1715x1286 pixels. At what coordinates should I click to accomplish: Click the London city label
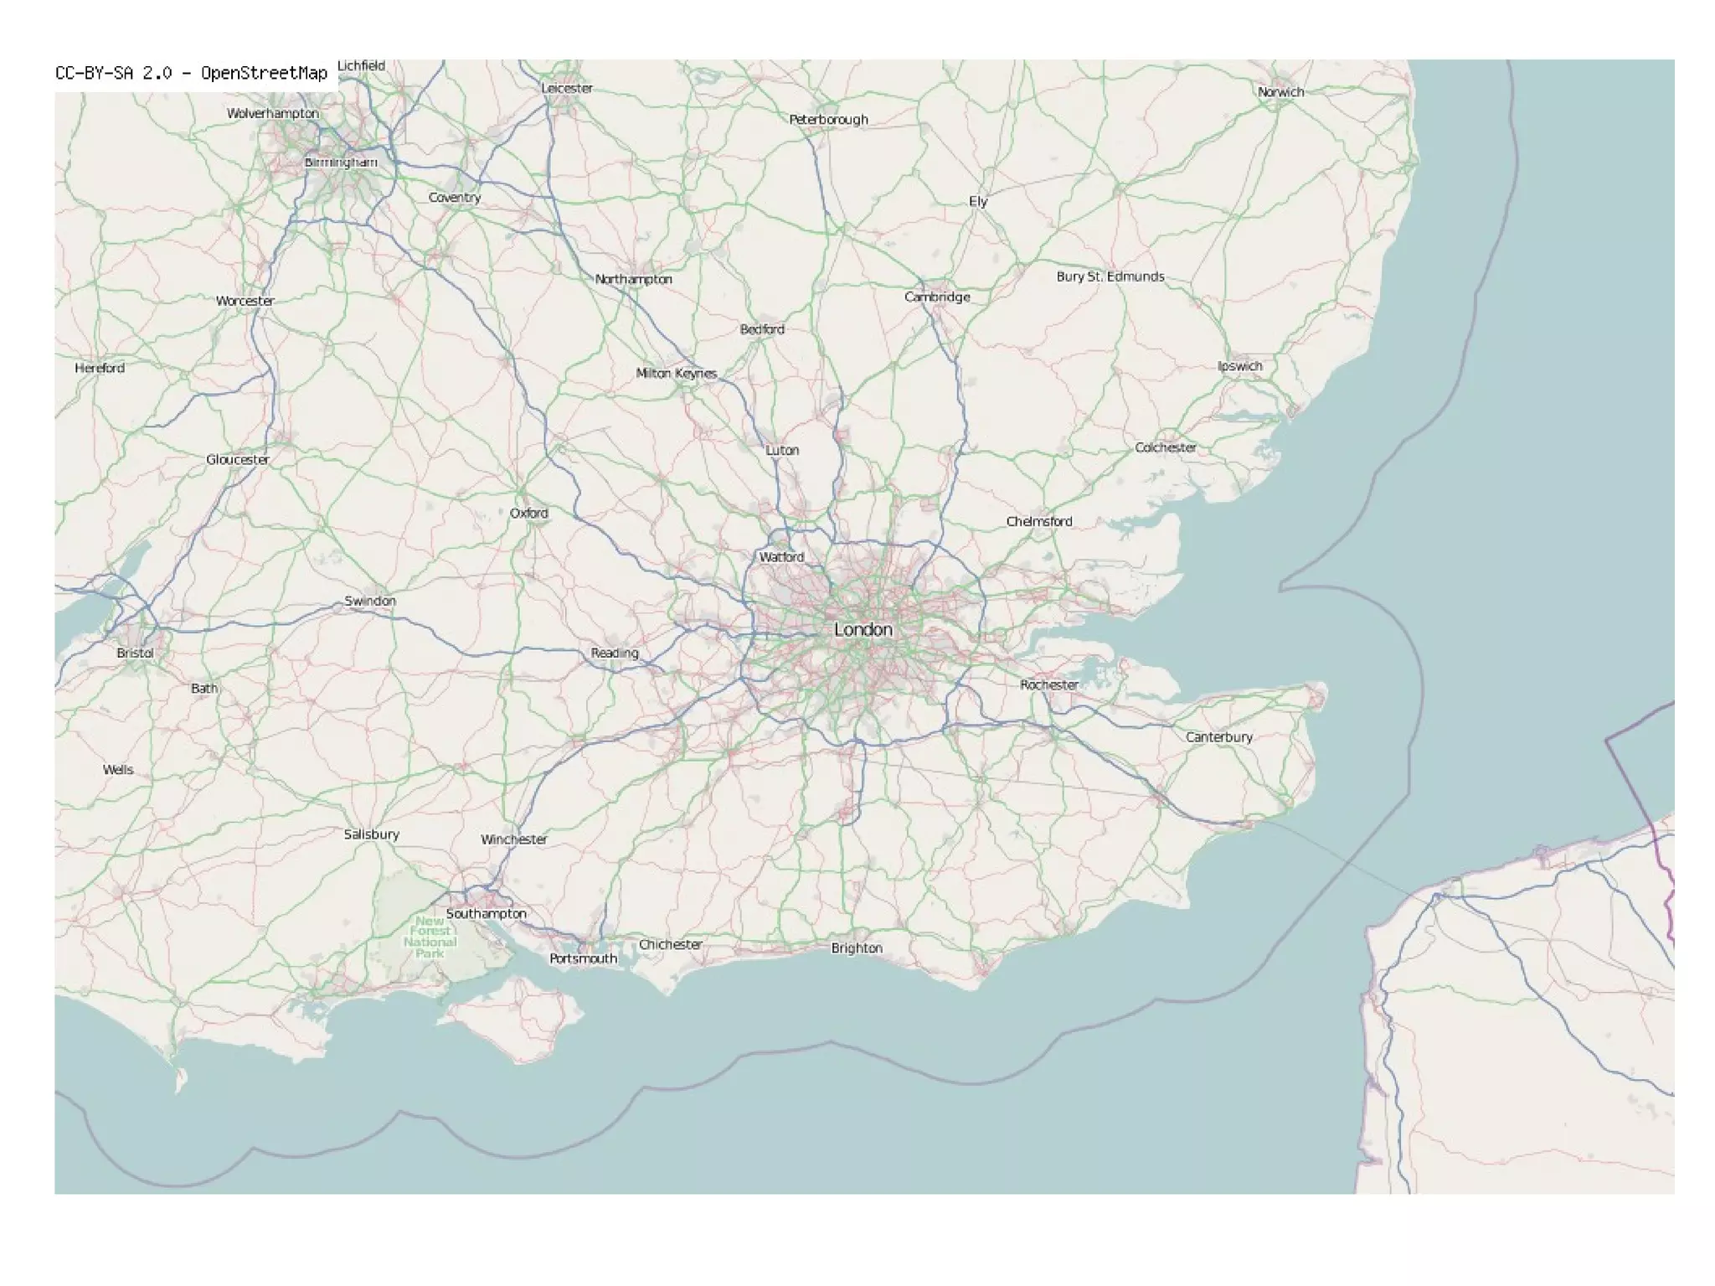pyautogui.click(x=863, y=629)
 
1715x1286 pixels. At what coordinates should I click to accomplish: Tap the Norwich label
pyautogui.click(x=1280, y=92)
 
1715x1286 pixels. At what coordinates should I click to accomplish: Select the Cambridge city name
pyautogui.click(x=937, y=297)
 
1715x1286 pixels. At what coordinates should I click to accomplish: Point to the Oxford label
pyautogui.click(x=528, y=513)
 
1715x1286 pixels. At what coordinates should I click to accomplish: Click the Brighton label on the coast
pyautogui.click(x=856, y=948)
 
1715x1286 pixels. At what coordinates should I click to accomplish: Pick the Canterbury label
pyautogui.click(x=1218, y=737)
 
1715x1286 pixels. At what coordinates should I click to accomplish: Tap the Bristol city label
pyautogui.click(x=135, y=653)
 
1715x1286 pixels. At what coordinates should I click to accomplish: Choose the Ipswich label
pyautogui.click(x=1239, y=366)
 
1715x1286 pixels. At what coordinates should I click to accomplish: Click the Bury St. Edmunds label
pyautogui.click(x=1110, y=276)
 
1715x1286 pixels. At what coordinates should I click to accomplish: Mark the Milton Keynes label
pyautogui.click(x=676, y=373)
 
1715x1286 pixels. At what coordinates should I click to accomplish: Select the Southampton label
pyautogui.click(x=486, y=913)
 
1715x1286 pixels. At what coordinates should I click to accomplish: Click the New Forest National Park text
pyautogui.click(x=430, y=937)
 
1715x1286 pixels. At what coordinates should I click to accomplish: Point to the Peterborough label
pyautogui.click(x=828, y=120)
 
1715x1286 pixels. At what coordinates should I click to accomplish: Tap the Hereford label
pyautogui.click(x=100, y=368)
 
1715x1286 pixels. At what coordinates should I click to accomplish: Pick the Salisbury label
pyautogui.click(x=371, y=834)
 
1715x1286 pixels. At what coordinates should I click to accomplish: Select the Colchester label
pyautogui.click(x=1165, y=447)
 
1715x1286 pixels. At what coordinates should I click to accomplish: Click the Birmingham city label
pyautogui.click(x=340, y=162)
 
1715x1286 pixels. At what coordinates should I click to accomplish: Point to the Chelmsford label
pyautogui.click(x=1038, y=521)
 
